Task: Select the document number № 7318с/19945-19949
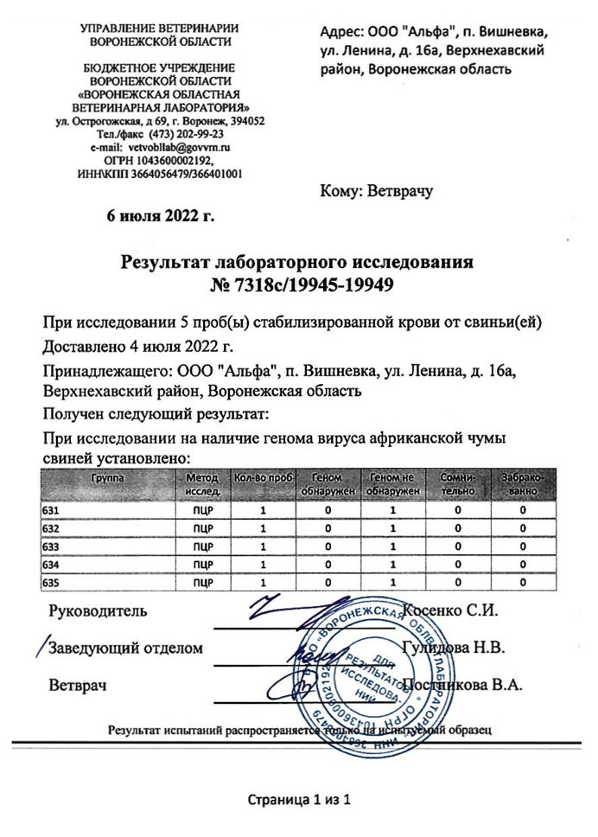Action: click(299, 284)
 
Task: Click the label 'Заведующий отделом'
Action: click(126, 648)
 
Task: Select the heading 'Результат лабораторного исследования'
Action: click(298, 261)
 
